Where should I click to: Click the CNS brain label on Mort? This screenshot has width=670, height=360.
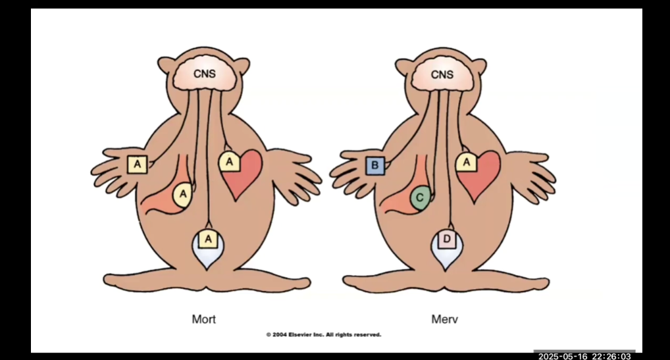click(x=204, y=74)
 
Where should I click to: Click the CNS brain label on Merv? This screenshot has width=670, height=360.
click(x=442, y=74)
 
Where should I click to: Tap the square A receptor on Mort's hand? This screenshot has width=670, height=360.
click(x=137, y=163)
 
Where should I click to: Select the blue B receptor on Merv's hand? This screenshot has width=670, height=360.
click(x=374, y=165)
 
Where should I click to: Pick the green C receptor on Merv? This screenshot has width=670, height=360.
click(x=420, y=195)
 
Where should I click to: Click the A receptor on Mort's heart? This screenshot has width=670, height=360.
click(x=229, y=161)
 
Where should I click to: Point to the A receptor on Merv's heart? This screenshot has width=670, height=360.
click(x=466, y=161)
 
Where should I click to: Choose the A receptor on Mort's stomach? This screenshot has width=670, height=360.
click(x=183, y=194)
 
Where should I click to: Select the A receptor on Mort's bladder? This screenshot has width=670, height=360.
click(x=209, y=238)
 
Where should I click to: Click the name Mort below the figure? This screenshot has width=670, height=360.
click(x=203, y=320)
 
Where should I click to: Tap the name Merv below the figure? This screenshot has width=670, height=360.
click(x=444, y=320)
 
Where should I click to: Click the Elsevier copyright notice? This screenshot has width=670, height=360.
click(x=323, y=335)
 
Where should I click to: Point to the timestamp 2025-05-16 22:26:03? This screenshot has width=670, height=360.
click(x=585, y=356)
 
